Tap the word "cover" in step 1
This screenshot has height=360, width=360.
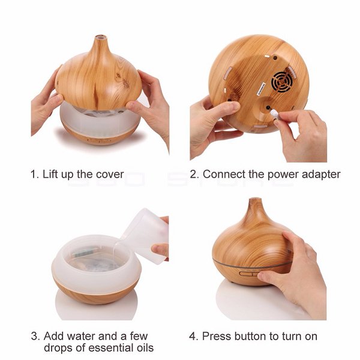pos(110,175)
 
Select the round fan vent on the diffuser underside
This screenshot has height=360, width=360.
pos(282,82)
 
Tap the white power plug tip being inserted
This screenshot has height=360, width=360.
pos(274,113)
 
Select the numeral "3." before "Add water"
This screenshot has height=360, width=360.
pos(35,337)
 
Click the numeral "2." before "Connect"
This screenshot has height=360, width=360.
pos(194,175)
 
